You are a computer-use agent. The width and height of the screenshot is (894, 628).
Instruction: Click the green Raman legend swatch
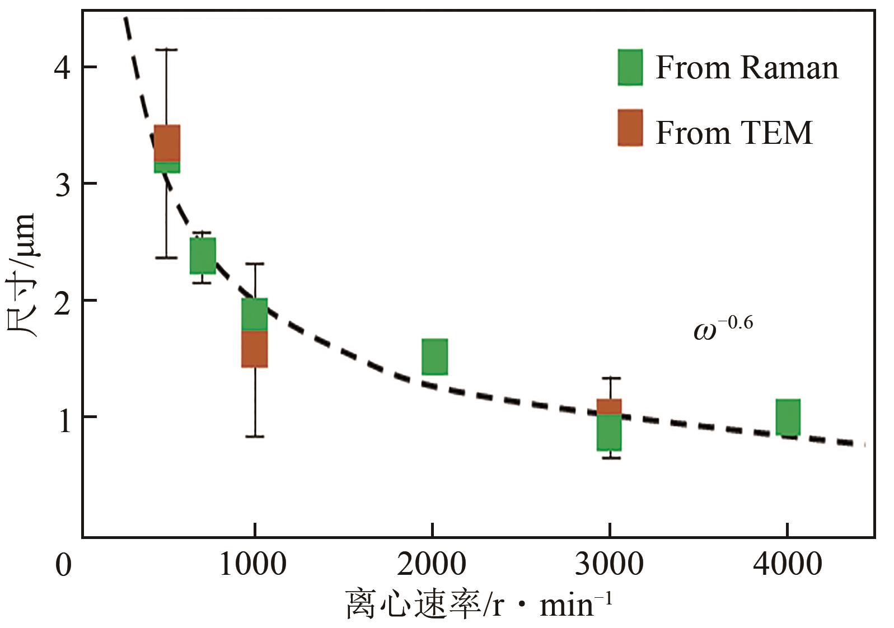[630, 67]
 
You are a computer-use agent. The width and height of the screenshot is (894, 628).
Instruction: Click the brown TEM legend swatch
[630, 128]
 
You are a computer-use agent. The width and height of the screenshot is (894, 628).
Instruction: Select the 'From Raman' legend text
[747, 68]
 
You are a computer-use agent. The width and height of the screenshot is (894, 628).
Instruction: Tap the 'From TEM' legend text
[733, 133]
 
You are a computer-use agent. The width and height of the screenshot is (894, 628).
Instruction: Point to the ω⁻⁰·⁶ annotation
[723, 328]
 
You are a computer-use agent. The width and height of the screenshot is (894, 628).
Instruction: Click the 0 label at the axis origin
[63, 564]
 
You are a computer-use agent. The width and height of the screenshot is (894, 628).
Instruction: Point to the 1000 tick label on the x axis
[252, 564]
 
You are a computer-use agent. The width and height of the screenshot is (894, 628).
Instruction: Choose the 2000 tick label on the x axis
[431, 564]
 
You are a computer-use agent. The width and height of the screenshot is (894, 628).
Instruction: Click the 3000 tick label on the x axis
[609, 564]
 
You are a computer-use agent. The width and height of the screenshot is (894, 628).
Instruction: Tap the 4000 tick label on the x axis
[787, 564]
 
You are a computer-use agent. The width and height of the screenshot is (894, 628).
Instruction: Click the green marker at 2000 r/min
[434, 357]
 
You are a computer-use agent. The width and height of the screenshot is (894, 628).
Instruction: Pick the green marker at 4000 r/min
[788, 417]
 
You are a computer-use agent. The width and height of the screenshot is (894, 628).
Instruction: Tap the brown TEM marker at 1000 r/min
[255, 349]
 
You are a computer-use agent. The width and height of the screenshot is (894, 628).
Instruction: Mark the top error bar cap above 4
[166, 50]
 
